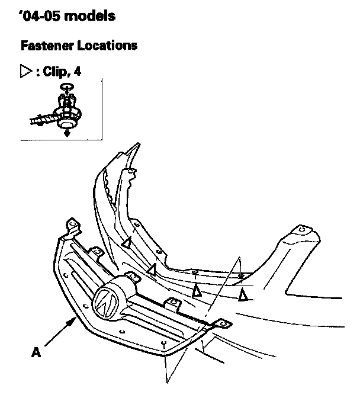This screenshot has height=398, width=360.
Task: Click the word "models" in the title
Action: click(x=89, y=15)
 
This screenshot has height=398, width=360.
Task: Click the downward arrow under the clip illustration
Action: click(x=66, y=133)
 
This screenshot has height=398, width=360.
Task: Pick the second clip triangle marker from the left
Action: click(x=152, y=269)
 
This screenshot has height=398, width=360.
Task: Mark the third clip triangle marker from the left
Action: click(x=197, y=290)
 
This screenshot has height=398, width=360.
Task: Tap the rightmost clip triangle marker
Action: click(x=243, y=294)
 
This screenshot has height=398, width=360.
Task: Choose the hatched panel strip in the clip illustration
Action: click(x=41, y=121)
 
